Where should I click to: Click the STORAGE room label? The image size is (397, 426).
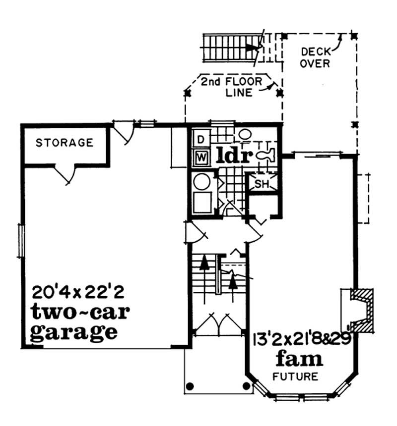coord(65,143)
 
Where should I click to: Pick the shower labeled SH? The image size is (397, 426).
coord(261,184)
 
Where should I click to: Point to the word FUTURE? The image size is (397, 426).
coord(295,376)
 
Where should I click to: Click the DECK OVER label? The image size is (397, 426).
coord(316,57)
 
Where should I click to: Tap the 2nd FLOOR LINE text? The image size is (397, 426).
coord(231,86)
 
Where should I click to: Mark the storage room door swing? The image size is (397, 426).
coord(66,174)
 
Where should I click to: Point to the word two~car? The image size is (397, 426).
coord(80,312)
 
